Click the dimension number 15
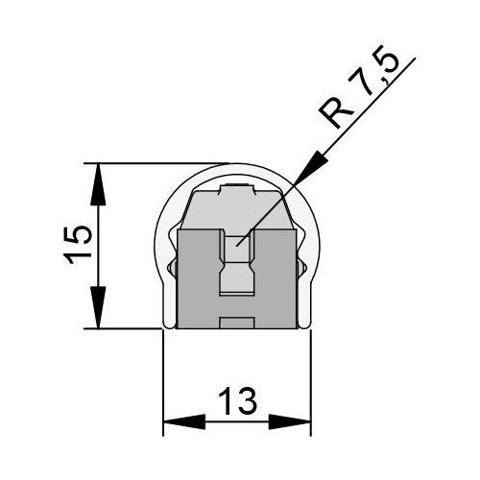[x=78, y=245]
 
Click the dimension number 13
[x=238, y=401]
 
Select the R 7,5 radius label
[x=360, y=88]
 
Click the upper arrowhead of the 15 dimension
[x=98, y=184]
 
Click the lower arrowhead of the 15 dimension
[x=98, y=307]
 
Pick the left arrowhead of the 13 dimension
[x=184, y=421]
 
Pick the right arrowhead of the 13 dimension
[x=289, y=421]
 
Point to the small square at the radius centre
[x=237, y=244]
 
